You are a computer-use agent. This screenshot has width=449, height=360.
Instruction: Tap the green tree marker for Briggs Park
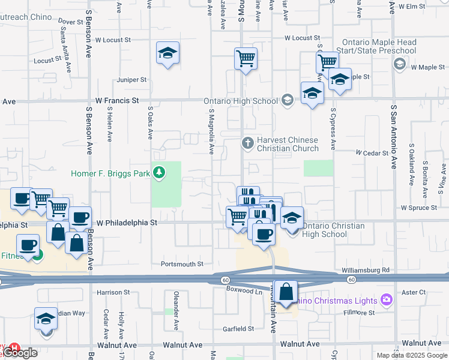pos(158,173)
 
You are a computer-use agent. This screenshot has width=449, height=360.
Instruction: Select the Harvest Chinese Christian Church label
pos(287,144)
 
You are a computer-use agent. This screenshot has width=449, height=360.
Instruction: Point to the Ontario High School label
pos(241,100)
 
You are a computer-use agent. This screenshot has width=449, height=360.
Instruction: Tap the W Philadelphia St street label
pos(126,222)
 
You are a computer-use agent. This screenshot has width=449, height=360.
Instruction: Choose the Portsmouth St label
pos(182,263)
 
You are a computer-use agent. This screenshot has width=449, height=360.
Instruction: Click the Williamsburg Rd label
pos(366,270)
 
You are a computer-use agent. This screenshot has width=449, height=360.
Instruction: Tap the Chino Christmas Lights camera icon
pos(385,299)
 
